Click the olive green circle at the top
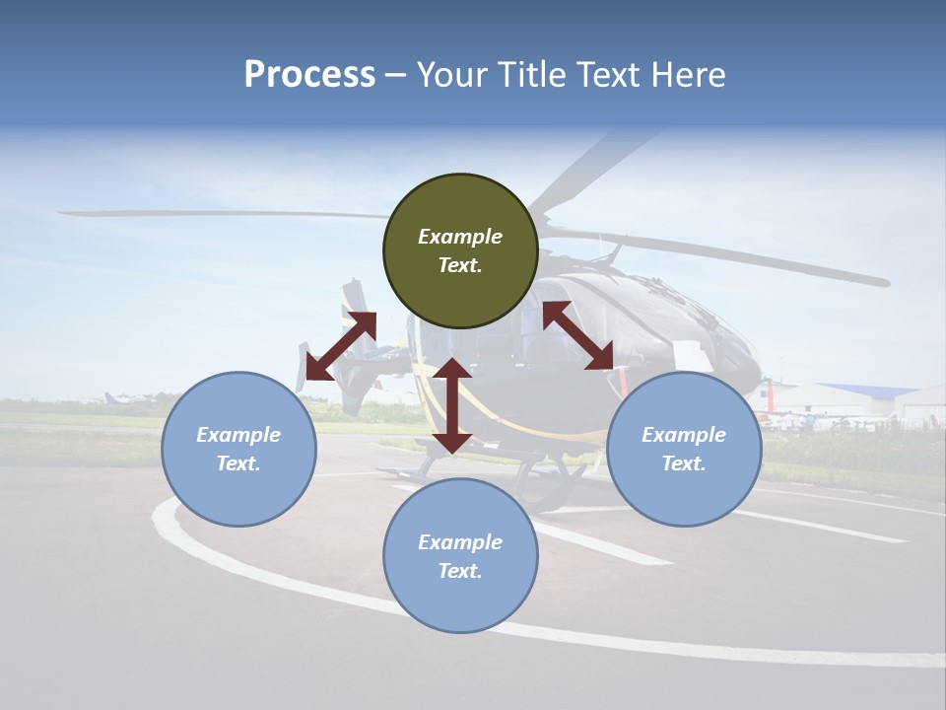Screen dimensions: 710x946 (460, 251)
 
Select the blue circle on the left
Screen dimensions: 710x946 (238, 449)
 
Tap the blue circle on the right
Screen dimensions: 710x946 (684, 449)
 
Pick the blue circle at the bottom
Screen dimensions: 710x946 (460, 555)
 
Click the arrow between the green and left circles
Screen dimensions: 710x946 (341, 346)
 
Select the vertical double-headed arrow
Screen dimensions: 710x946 (452, 405)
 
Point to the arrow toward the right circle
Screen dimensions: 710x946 (578, 335)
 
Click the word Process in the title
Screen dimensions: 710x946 (309, 75)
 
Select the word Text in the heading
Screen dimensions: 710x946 (604, 75)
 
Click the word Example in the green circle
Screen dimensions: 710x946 (460, 237)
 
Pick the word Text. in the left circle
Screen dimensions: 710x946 (238, 463)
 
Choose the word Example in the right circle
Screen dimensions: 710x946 (684, 435)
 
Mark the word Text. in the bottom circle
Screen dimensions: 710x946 (460, 571)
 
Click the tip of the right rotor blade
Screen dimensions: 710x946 (883, 282)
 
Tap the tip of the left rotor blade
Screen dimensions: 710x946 (64, 212)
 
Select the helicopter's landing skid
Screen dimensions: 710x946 (552, 483)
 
